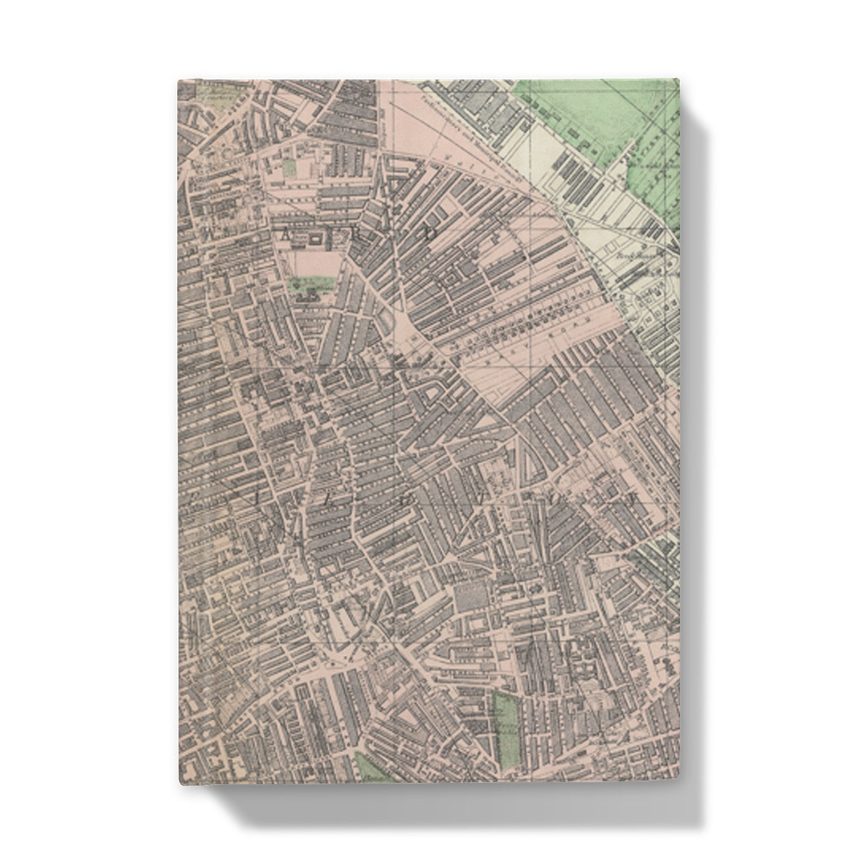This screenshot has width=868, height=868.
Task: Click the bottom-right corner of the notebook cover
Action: [681, 783]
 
